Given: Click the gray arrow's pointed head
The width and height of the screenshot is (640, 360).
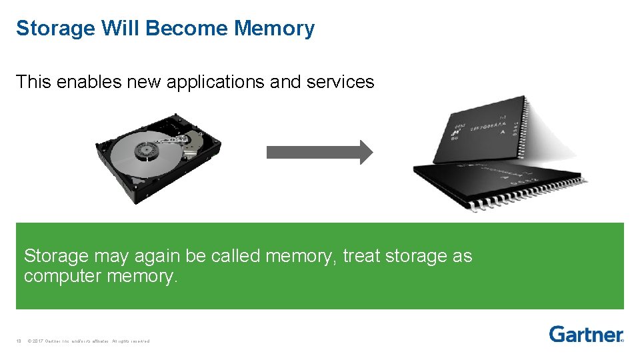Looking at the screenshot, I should coord(366,152).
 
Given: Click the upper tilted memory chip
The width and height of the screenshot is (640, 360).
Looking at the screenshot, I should coord(480,130).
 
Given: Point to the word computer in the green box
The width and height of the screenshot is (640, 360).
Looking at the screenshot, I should coord(63,275).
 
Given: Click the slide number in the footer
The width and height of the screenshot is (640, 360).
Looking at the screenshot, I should coord(19,341).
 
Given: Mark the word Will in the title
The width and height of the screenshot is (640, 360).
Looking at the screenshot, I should coord(121,29).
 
